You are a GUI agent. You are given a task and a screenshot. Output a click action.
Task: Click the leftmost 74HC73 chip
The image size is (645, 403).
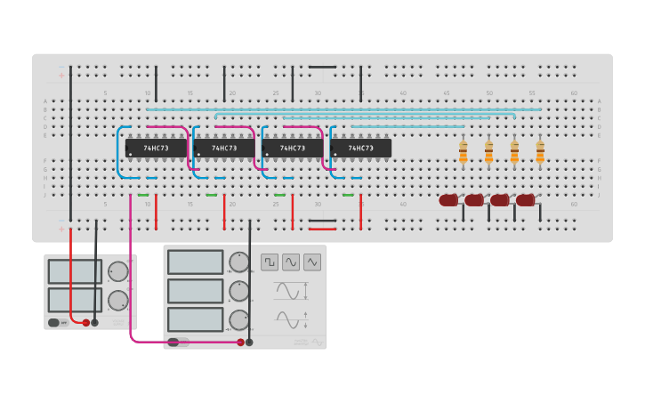tap(156, 148)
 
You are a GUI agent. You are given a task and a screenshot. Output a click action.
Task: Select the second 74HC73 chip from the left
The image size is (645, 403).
tap(224, 148)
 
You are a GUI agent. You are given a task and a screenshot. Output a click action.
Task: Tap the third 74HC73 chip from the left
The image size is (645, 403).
tap(293, 148)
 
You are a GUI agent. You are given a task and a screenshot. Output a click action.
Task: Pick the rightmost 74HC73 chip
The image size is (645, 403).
tap(360, 148)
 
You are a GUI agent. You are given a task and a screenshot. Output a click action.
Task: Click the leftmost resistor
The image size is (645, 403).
tap(463, 152)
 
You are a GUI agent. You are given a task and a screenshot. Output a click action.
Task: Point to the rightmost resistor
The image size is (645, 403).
tap(540, 152)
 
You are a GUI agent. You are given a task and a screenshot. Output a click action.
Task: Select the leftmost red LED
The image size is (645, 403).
tap(448, 200)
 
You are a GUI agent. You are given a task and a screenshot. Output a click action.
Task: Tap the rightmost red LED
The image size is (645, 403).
tap(526, 200)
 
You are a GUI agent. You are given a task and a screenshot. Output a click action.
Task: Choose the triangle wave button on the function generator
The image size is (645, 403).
tap(311, 262)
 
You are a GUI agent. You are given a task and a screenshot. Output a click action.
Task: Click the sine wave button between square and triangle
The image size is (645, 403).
tap(291, 262)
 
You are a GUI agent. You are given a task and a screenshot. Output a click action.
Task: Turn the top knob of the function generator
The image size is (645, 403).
tap(238, 262)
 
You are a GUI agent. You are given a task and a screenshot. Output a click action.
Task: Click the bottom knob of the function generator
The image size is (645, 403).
tap(238, 319)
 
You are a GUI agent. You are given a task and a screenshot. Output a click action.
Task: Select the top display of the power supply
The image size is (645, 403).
tap(75, 271)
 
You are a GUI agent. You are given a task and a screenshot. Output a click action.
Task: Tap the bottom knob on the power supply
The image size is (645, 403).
tap(117, 301)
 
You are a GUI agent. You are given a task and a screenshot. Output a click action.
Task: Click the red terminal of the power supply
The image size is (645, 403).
tap(86, 323)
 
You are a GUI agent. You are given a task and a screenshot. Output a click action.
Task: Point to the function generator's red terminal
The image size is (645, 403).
tap(240, 342)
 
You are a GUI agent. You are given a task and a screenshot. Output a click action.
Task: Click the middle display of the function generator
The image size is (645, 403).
tap(196, 291)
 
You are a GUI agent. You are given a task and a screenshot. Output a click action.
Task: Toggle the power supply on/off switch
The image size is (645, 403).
tap(54, 323)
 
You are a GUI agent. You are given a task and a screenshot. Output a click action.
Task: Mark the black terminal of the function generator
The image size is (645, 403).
tap(249, 342)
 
